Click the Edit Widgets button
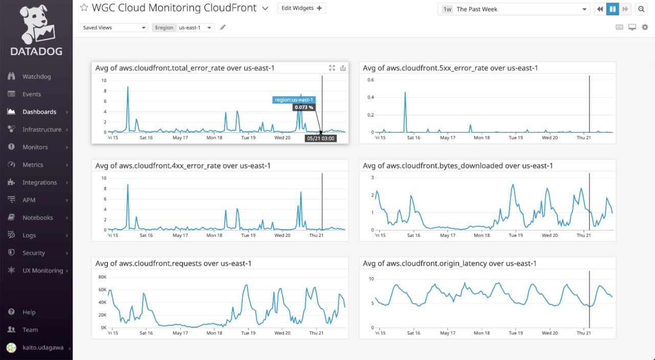(301, 8)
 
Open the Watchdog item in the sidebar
(36, 77)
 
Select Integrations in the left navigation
(39, 183)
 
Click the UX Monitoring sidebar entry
(42, 271)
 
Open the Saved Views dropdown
(114, 28)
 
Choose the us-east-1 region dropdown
(195, 28)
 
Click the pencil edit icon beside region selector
(223, 28)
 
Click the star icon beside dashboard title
(84, 8)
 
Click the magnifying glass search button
(641, 9)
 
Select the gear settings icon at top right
(645, 28)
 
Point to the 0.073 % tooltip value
(304, 107)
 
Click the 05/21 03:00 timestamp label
(321, 138)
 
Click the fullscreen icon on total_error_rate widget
(332, 68)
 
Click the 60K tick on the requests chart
(102, 290)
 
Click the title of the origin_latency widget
(449, 263)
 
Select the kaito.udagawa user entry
(42, 348)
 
